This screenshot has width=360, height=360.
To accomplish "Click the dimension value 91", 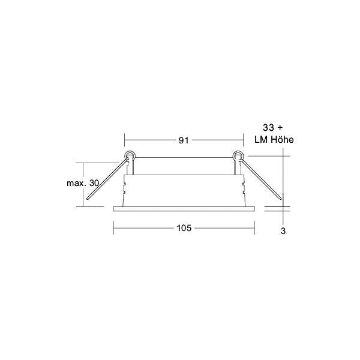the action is tap(184, 140).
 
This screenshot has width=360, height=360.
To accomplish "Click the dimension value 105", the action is tap(184, 228).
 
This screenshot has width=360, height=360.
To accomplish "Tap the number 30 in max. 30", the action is tap(94, 183).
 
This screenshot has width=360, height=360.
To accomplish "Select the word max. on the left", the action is tap(77, 183).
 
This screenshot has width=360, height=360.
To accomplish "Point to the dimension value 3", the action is tap(283, 231).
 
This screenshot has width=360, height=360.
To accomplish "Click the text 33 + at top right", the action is tap(273, 128).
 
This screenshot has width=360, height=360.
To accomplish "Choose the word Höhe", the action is tap(283, 140).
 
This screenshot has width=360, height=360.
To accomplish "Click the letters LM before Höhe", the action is tap(261, 140).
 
